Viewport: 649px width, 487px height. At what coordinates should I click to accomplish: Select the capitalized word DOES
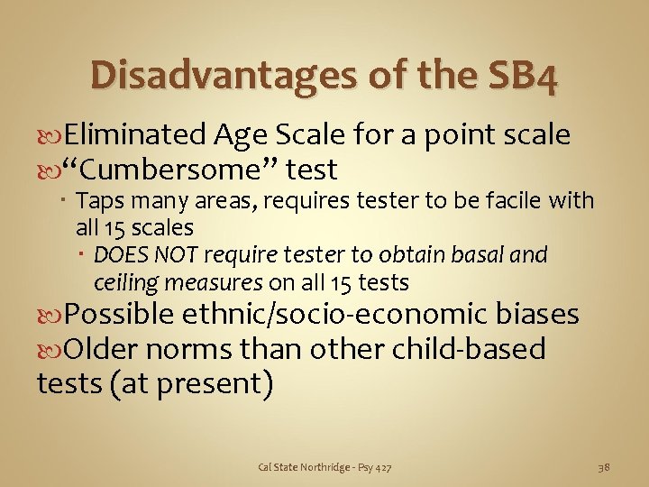(120, 255)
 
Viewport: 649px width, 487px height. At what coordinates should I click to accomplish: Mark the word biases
(537, 315)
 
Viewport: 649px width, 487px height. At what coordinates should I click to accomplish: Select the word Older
(105, 348)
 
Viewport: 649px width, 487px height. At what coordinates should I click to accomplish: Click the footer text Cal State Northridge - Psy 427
(325, 467)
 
